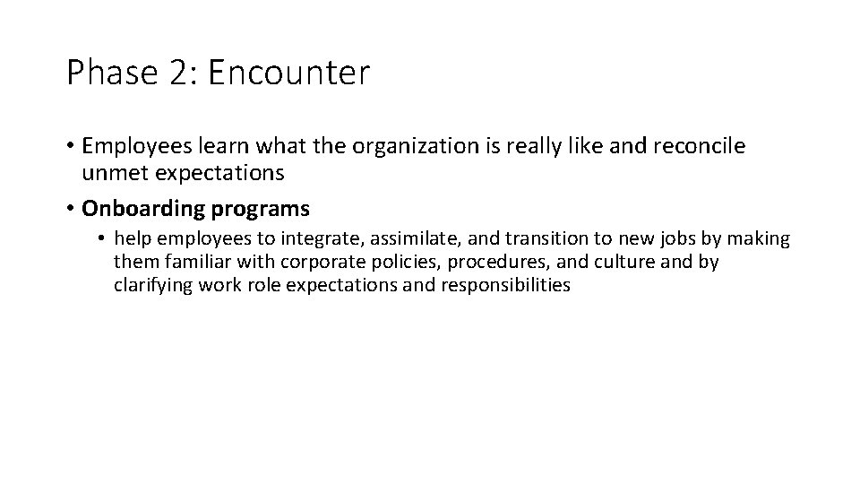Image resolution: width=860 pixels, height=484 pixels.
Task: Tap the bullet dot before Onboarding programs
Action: tap(70, 210)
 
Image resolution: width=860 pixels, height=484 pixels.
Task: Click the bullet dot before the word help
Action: tap(103, 239)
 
